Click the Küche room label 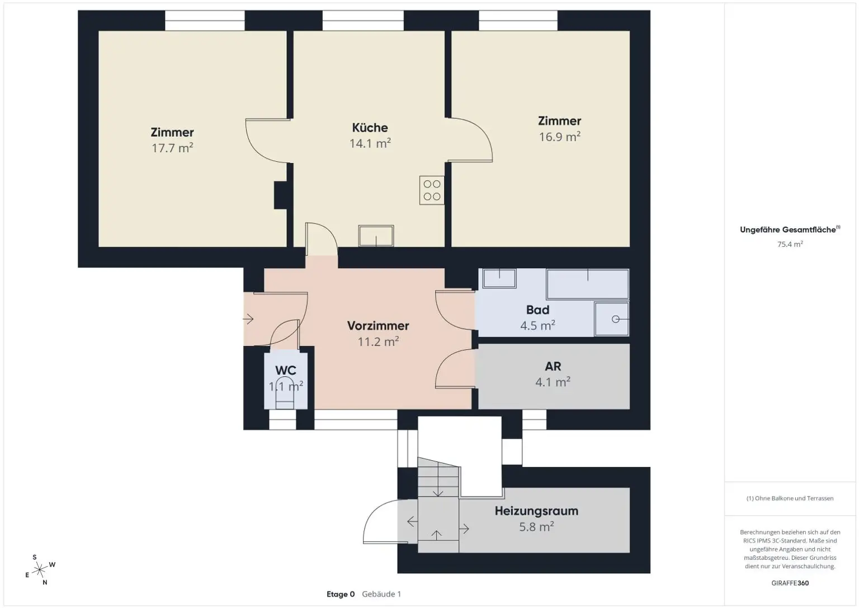pos(370,128)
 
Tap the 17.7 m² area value pos(172,148)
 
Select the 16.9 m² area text pos(559,137)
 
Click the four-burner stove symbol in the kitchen pos(432,190)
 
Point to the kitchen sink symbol pos(376,236)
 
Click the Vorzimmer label pos(378,326)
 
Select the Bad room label pos(537,310)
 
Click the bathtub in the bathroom pos(587,284)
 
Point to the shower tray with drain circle pos(612,319)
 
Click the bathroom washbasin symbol pos(499,278)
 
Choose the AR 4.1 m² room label pos(553,374)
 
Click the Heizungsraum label pos(536,511)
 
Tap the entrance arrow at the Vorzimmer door pos(248,319)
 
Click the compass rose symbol pos(40,570)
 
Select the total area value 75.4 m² pos(790,245)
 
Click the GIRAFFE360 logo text pos(790,583)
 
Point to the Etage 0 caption pos(341,595)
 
